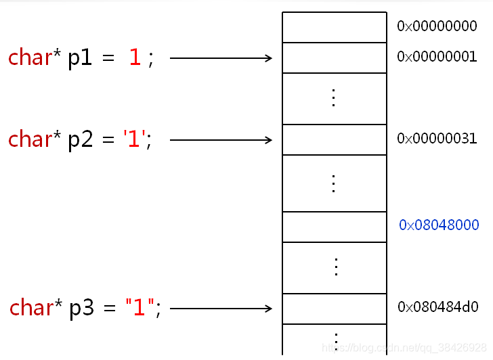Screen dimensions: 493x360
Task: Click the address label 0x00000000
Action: (x=437, y=26)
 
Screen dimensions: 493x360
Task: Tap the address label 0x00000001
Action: (x=437, y=57)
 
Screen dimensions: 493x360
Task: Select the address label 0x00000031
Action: (x=437, y=139)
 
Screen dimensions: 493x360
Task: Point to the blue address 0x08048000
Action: (x=439, y=225)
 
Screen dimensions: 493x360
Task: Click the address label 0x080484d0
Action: (x=438, y=307)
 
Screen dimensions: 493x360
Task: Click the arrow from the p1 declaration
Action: (x=221, y=58)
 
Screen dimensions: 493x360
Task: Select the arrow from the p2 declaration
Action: (x=221, y=140)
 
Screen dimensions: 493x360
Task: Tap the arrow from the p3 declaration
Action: (x=221, y=309)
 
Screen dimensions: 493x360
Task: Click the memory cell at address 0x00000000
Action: (x=335, y=27)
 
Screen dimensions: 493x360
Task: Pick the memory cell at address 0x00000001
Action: (x=335, y=58)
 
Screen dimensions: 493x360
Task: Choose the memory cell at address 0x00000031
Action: (x=335, y=140)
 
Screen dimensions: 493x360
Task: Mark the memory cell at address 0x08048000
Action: (x=335, y=227)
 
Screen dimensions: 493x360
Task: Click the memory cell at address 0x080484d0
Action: (x=335, y=309)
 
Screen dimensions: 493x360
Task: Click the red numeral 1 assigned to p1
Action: (x=135, y=57)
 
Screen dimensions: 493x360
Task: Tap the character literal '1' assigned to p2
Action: (x=134, y=139)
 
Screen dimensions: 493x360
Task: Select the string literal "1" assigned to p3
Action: (x=140, y=307)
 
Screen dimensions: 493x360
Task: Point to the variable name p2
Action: (x=81, y=141)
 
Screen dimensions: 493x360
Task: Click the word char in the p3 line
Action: (x=31, y=307)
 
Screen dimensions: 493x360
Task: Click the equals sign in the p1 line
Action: (x=108, y=58)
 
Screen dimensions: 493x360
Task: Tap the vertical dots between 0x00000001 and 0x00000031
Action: (x=334, y=97)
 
